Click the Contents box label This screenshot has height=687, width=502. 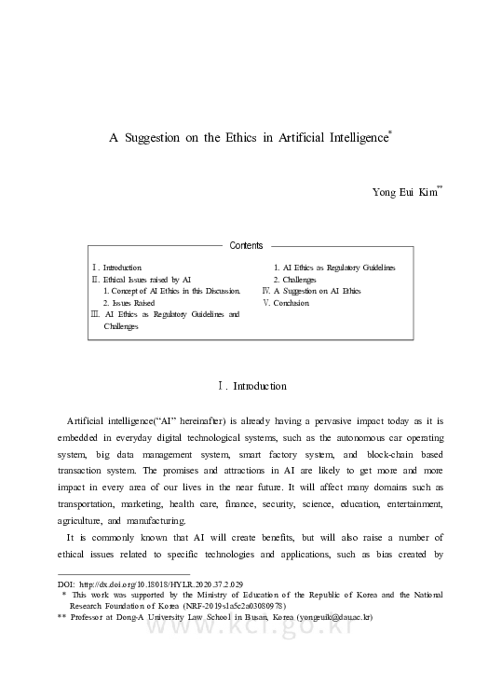point(246,246)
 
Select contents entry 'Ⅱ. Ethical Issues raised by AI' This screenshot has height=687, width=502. point(141,279)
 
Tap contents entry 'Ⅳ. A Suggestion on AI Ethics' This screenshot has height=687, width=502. point(311,291)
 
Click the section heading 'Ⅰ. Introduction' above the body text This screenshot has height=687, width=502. point(251,386)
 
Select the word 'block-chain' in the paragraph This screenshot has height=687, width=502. point(377,455)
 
